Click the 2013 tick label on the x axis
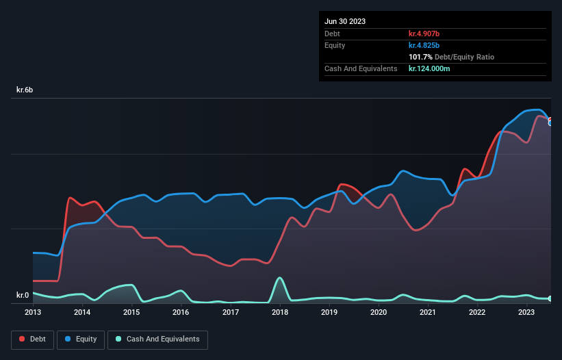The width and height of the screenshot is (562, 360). click(33, 313)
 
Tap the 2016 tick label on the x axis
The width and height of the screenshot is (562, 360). click(181, 313)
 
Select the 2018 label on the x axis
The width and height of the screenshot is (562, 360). click(280, 313)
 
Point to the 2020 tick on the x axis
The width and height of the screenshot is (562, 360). click(379, 313)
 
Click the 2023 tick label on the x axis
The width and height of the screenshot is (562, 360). click(526, 313)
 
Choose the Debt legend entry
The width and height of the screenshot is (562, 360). click(32, 339)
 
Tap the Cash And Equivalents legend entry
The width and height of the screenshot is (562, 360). click(157, 339)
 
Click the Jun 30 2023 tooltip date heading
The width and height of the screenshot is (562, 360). click(345, 21)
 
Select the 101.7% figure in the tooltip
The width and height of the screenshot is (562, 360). click(420, 57)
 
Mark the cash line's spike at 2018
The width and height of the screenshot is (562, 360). click(279, 278)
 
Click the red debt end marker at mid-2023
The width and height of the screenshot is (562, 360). click(550, 120)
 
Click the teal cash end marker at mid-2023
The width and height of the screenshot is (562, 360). click(550, 298)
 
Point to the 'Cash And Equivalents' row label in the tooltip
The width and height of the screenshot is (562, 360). click(361, 69)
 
